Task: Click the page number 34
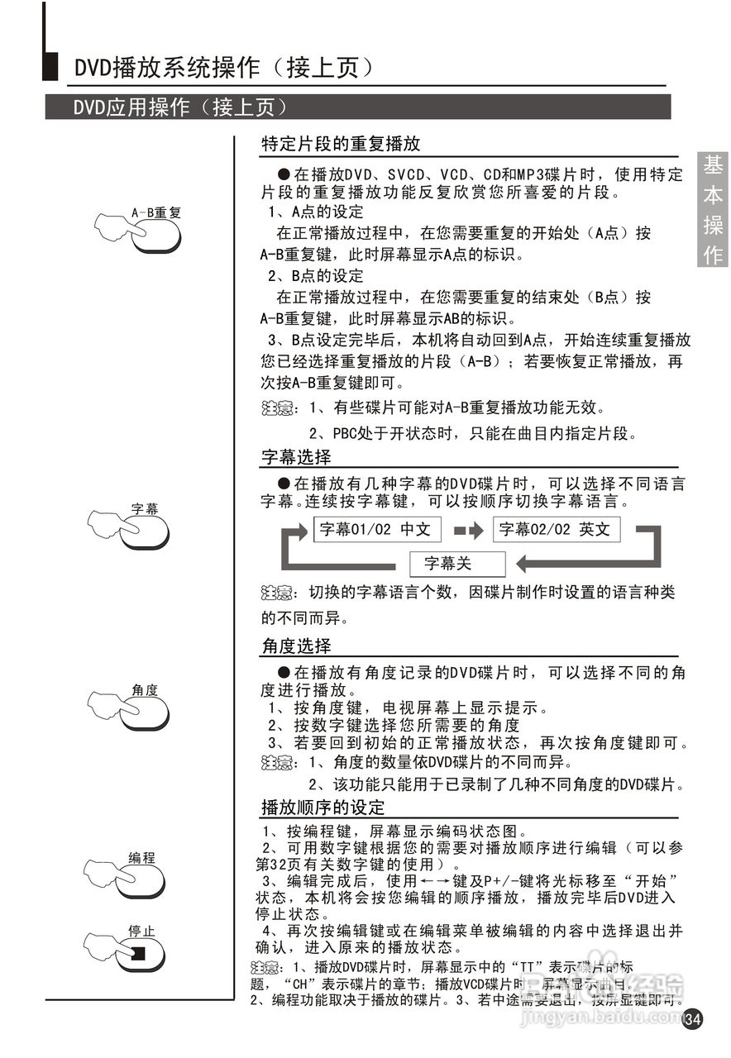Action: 693,1017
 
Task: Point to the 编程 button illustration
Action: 141,879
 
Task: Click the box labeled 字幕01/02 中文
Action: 376,530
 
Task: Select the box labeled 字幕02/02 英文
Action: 556,530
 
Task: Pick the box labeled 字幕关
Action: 456,564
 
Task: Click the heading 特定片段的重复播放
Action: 341,144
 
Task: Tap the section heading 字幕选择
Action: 296,456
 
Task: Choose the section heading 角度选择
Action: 296,645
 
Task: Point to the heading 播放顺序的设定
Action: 323,807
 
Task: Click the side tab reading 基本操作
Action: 713,210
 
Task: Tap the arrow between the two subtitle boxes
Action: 468,530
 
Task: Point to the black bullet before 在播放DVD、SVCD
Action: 283,174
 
